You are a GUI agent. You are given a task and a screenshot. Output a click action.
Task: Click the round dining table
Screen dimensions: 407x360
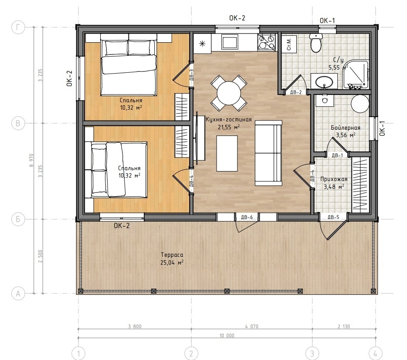click(x=229, y=93)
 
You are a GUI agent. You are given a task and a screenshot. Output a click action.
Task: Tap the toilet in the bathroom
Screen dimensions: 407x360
click(x=316, y=43)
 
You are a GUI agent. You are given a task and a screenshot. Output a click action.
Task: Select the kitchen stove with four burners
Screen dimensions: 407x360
click(x=266, y=42)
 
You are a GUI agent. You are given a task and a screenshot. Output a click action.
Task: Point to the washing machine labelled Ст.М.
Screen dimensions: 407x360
click(x=289, y=44)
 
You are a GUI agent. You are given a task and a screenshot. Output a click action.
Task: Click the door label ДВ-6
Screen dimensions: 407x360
click(x=247, y=217)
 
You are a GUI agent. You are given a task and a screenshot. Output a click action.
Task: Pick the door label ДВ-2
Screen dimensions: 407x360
click(x=295, y=92)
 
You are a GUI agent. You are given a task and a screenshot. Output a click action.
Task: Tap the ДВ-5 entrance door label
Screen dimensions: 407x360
click(x=333, y=217)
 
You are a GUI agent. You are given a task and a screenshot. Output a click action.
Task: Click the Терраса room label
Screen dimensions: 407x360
click(x=172, y=255)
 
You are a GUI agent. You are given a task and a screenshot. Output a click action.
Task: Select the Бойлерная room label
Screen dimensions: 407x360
click(x=346, y=128)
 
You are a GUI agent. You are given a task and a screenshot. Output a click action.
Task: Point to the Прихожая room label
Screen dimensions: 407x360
click(x=334, y=179)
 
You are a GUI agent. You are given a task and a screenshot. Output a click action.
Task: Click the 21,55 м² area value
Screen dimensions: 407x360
click(x=229, y=127)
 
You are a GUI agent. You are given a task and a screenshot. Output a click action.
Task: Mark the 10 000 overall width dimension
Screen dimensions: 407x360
click(x=227, y=335)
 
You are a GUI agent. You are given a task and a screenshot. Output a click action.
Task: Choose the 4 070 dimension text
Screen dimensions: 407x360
click(x=252, y=326)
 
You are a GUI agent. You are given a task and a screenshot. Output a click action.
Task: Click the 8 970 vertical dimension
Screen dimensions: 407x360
click(x=32, y=160)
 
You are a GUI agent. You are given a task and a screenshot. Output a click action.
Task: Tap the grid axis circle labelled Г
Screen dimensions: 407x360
click(x=18, y=27)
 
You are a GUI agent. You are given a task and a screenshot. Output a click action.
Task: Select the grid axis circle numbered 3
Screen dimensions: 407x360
click(x=312, y=353)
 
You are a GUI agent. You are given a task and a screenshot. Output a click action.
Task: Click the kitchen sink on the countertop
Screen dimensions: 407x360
click(x=230, y=42)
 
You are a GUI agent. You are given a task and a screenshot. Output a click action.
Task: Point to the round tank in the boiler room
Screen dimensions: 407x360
click(x=360, y=104)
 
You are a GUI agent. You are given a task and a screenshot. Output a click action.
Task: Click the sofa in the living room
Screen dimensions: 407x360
click(x=268, y=153)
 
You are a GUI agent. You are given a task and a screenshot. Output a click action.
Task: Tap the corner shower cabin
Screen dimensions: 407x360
click(x=356, y=75)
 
